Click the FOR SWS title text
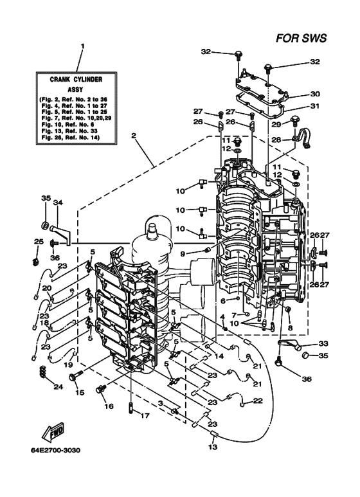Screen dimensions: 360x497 coord(301,39)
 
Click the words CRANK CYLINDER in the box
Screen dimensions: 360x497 coord(76,79)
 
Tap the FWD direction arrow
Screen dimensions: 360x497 coord(53,431)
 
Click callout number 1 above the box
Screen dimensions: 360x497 coord(82,46)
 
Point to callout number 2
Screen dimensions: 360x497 coord(134,136)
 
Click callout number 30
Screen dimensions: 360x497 coord(315,94)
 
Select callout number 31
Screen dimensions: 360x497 coord(315,106)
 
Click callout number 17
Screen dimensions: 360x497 coord(145,415)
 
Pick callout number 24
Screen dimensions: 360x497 coord(59,386)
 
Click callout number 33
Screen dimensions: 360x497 coord(323,343)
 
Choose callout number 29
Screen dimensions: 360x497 coord(276,124)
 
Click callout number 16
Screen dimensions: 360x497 coord(109,406)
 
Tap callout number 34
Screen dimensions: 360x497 coord(58,202)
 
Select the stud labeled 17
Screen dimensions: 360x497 coord(130,406)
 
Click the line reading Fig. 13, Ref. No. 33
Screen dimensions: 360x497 coord(69,131)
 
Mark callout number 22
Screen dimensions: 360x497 coord(258,401)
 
